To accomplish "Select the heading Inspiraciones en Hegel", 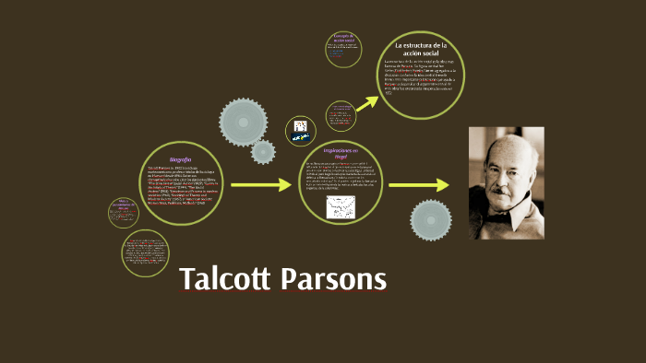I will click(x=339, y=153).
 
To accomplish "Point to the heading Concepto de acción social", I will click(x=344, y=38).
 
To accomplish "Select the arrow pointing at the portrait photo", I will click(x=430, y=185).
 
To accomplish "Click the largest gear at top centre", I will click(x=245, y=122).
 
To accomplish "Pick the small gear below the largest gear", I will click(x=263, y=152).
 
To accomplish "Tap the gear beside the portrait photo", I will click(x=431, y=220).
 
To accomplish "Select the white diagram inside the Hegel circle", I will click(x=341, y=207).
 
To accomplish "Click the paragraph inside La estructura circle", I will click(x=420, y=77).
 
